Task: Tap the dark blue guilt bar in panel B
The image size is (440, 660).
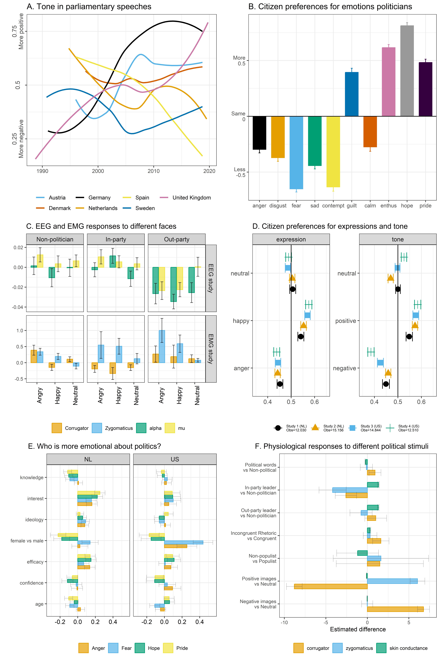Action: coord(352,94)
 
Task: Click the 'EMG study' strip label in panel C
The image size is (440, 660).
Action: coord(211,349)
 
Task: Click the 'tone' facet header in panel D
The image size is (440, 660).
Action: coord(398,239)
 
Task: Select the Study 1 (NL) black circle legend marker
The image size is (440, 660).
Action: coord(278,428)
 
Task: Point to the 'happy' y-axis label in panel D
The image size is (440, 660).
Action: coord(241,321)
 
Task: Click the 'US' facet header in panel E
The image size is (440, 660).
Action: coord(175,459)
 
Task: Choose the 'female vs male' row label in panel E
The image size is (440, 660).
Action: coord(27,541)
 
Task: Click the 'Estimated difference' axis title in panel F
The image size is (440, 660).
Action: coord(358,629)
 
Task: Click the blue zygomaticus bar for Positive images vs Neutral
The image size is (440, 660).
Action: coord(392,581)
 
